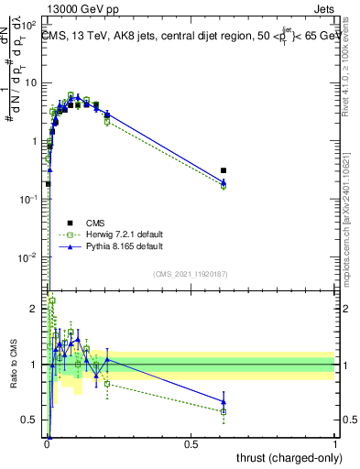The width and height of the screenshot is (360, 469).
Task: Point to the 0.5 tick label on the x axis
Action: point(191,444)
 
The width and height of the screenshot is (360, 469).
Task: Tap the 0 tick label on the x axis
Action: point(47,444)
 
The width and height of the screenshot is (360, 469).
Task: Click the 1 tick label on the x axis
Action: point(335,444)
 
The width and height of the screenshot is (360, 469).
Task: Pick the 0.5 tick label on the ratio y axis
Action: point(33,420)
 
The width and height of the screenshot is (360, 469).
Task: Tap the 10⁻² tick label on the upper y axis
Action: point(32,258)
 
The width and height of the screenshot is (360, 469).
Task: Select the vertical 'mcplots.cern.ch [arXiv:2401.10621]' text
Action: point(352,229)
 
